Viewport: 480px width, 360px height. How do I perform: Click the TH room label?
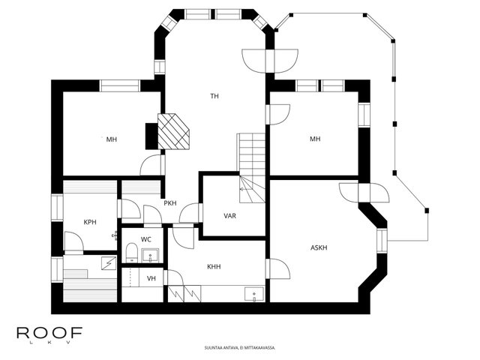[214, 96]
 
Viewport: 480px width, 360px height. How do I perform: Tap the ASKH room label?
[319, 247]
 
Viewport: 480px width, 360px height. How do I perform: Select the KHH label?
[214, 267]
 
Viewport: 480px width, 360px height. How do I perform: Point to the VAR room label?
[229, 216]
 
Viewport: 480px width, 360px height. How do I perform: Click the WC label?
[146, 239]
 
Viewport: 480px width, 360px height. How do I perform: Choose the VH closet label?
[151, 278]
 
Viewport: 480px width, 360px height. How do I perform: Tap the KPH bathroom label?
[90, 222]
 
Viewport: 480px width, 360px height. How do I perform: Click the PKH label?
[170, 203]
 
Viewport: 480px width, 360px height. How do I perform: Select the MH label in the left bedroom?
[112, 139]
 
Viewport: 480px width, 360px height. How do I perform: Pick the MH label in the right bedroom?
[315, 139]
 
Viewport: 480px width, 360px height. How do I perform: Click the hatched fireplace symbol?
[173, 132]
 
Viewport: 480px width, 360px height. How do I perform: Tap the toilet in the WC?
[132, 253]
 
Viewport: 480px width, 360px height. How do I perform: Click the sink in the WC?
[150, 255]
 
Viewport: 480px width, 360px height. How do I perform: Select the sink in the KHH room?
[254, 294]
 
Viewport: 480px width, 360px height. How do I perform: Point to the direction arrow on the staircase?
[244, 189]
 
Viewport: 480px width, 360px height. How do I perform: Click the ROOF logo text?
[49, 333]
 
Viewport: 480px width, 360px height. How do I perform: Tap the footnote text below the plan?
[240, 348]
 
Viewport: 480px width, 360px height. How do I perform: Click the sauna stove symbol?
[109, 263]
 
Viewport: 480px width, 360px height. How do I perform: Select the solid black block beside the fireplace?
[151, 136]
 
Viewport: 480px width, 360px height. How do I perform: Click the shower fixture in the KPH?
[115, 235]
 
